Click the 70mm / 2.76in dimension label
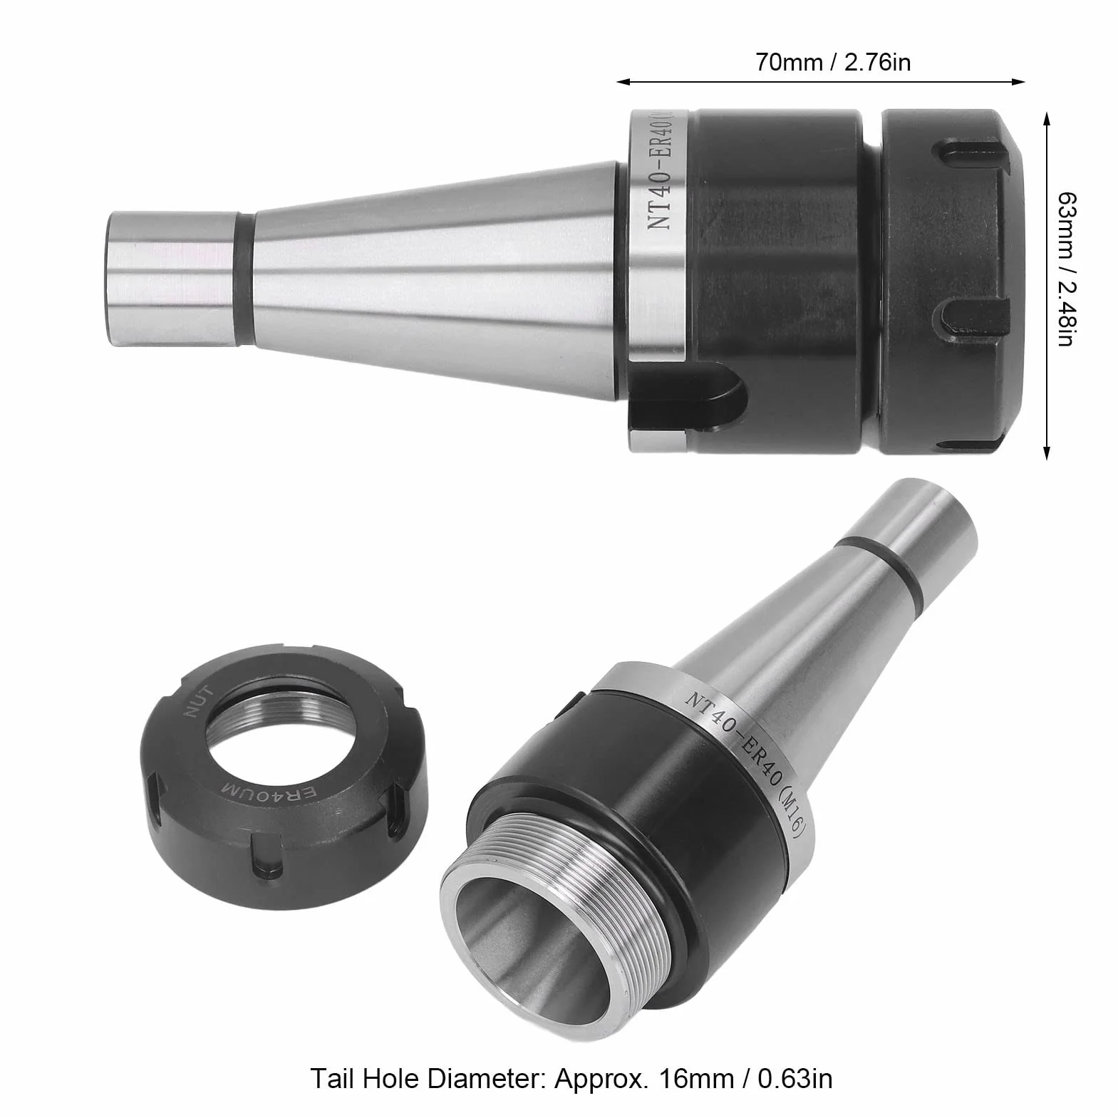(833, 63)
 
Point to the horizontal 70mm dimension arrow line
(821, 82)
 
